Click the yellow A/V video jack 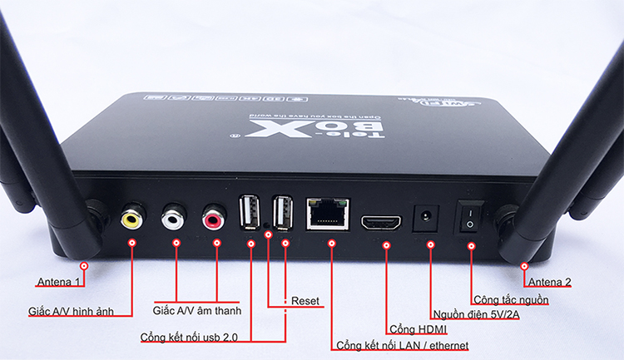(x=132, y=219)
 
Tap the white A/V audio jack (x=174, y=219)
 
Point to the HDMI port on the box (x=381, y=222)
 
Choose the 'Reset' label (x=305, y=298)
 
